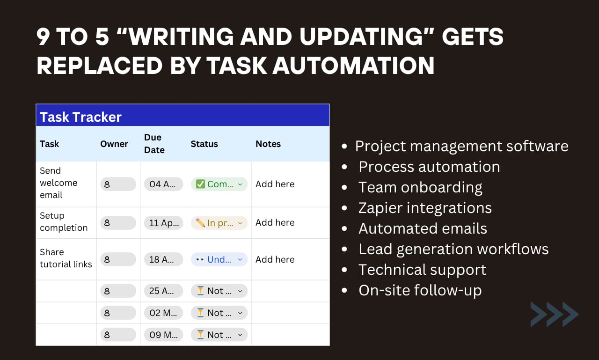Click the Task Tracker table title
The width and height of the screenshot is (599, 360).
pos(80,117)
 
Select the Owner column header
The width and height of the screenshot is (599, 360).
pos(114,144)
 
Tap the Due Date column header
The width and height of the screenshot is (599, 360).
pos(154,144)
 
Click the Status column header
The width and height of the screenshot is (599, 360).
pos(204,144)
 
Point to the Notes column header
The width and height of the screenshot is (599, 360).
pos(268,144)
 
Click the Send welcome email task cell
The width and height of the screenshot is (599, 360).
pos(58,183)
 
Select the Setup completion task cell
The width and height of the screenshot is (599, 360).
pos(64,222)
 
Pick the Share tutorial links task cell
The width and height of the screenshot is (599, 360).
pos(66,258)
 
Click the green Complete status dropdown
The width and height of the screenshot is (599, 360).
pos(219,184)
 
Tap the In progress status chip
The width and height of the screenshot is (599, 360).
pos(219,223)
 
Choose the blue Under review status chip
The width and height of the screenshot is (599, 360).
pos(219,259)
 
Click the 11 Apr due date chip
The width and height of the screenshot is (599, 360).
pos(163,223)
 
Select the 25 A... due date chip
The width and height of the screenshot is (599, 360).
pos(163,291)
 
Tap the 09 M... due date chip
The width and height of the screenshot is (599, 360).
pos(163,335)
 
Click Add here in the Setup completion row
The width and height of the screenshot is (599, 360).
pos(275,223)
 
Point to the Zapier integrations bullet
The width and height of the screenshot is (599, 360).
pos(425,208)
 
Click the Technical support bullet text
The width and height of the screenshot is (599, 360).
pos(422,270)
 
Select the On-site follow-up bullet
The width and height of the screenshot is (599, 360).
pos(420,290)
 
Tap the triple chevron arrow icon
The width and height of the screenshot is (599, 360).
pos(555,314)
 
